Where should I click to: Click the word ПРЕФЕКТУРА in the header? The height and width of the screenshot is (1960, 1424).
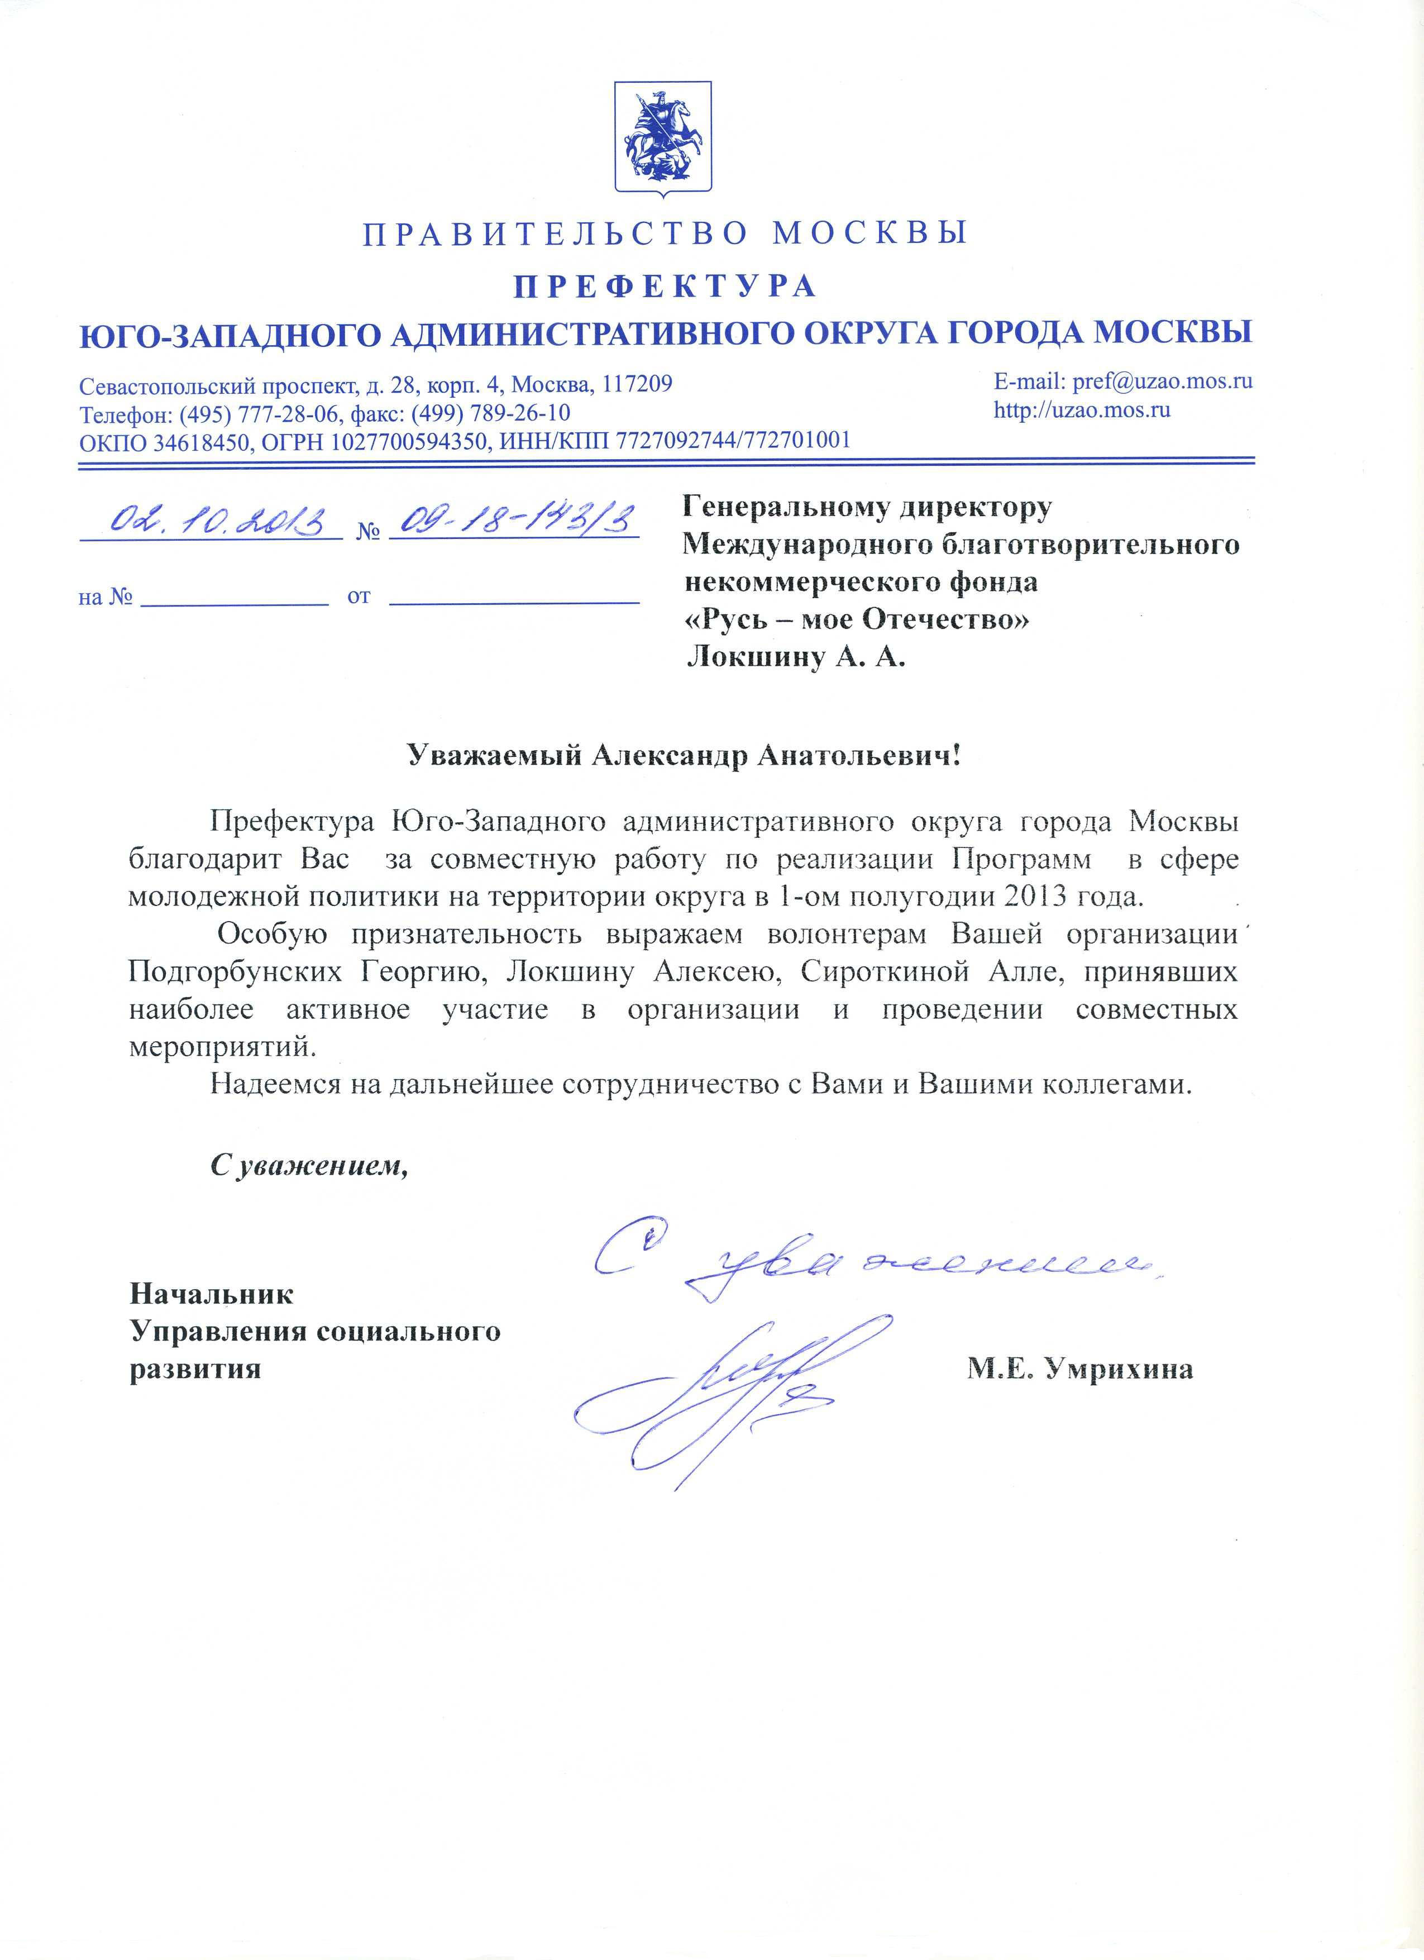click(665, 286)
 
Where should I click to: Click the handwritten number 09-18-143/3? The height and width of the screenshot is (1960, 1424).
click(514, 519)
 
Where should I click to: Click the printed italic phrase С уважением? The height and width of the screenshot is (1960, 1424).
click(308, 1167)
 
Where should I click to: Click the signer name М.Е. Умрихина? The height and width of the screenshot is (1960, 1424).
click(1080, 1368)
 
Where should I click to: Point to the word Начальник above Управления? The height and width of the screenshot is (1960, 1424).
click(212, 1294)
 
